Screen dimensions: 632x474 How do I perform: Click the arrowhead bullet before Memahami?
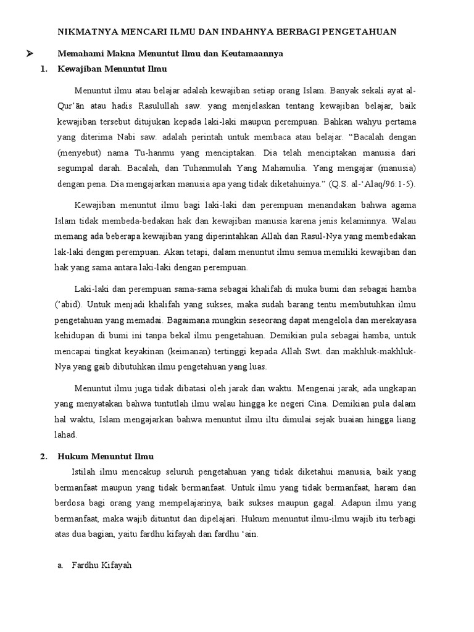point(28,54)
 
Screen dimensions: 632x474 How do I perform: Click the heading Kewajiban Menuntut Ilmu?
point(112,69)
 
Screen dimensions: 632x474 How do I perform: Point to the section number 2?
point(44,457)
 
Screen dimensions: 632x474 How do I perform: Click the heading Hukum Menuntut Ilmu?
point(106,457)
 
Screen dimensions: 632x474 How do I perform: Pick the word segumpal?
point(78,167)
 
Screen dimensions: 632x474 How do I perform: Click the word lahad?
point(66,434)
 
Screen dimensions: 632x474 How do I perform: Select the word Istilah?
point(85,472)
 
